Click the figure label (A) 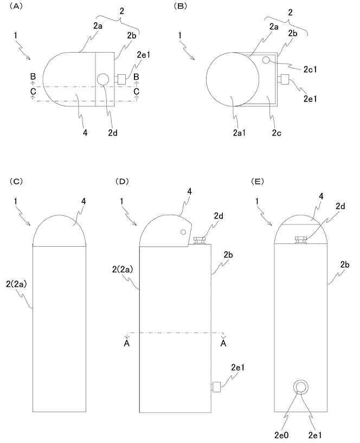pyautogui.click(x=16, y=6)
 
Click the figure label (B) pyautogui.click(x=181, y=6)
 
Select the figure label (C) pyautogui.click(x=16, y=181)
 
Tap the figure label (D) pyautogui.click(x=122, y=181)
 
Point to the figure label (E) pyautogui.click(x=257, y=181)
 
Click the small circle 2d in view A pyautogui.click(x=102, y=79)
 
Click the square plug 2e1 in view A pyautogui.click(x=121, y=79)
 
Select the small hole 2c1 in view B pyautogui.click(x=266, y=60)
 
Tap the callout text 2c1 pyautogui.click(x=310, y=69)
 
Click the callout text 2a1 pyautogui.click(x=239, y=132)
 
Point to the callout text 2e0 pyautogui.click(x=281, y=435)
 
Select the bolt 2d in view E pyautogui.click(x=301, y=240)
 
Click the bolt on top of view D pyautogui.click(x=200, y=240)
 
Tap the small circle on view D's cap pyautogui.click(x=183, y=232)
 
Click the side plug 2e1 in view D pyautogui.click(x=216, y=387)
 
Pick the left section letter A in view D pyautogui.click(x=126, y=344)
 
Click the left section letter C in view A pyautogui.click(x=34, y=92)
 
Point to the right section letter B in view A pyautogui.click(x=137, y=76)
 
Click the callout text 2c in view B pyautogui.click(x=277, y=132)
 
